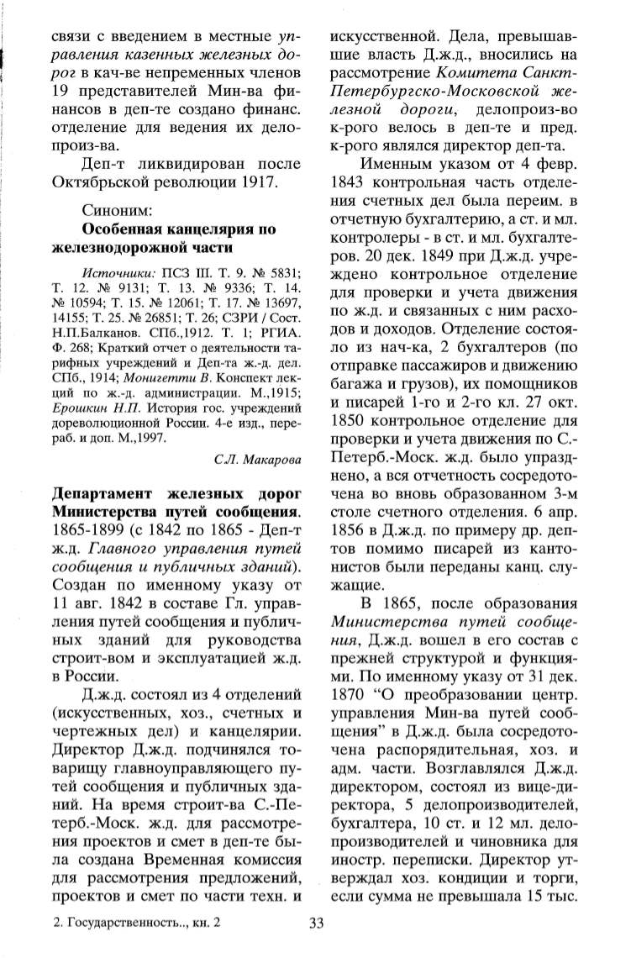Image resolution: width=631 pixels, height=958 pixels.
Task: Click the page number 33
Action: click(317, 925)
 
